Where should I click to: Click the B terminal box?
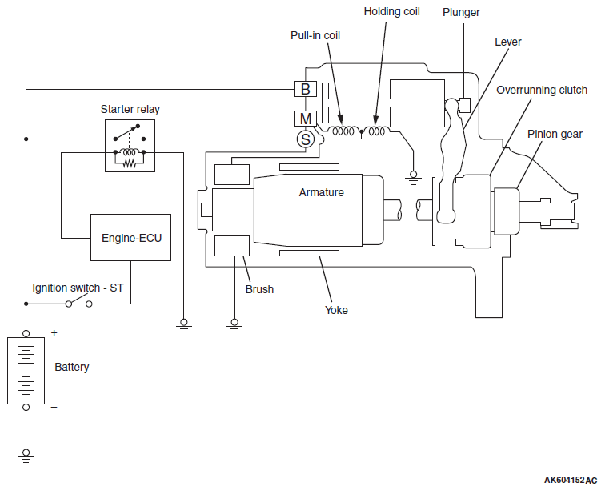(305, 89)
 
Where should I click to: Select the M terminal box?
(305, 119)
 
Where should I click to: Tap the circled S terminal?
(306, 139)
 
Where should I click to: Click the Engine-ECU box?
(130, 238)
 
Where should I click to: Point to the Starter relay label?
(130, 109)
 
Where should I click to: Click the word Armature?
(322, 192)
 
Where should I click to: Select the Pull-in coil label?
(315, 35)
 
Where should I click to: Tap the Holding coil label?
(391, 11)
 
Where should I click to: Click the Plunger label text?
(461, 12)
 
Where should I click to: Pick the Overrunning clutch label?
(542, 90)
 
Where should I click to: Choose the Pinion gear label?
(555, 134)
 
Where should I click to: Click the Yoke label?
(336, 310)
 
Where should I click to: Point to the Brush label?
(259, 289)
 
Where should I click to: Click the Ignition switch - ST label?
(78, 288)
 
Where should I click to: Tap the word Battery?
(72, 367)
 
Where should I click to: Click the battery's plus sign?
(54, 332)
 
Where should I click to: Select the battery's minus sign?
(54, 407)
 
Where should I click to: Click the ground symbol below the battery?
(26, 456)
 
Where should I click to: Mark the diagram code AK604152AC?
(571, 480)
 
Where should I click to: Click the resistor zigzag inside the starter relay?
(130, 163)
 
